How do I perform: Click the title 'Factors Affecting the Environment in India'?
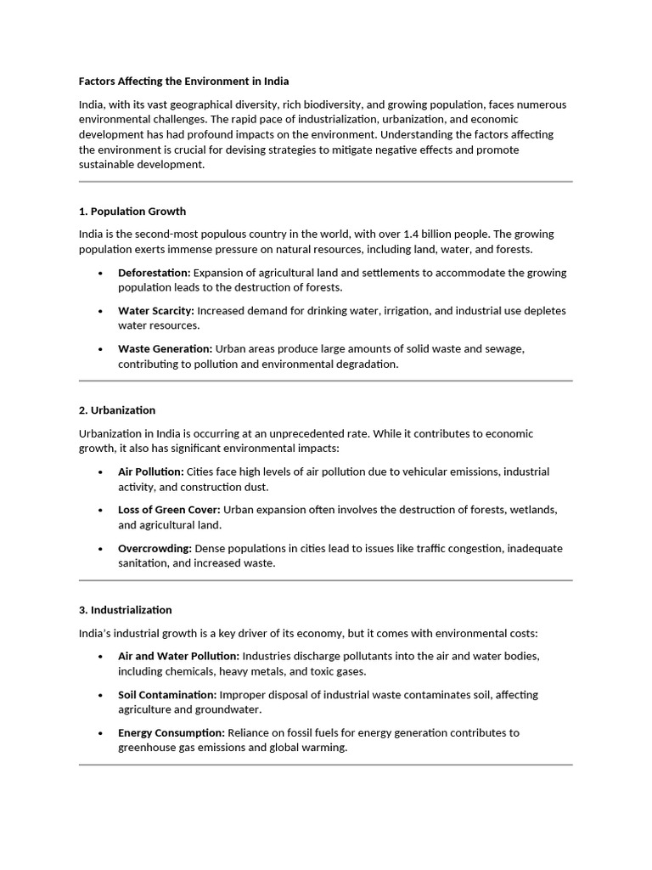click(183, 82)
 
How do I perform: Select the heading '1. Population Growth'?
click(132, 211)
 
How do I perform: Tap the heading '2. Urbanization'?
click(117, 410)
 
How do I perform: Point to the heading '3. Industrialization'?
click(125, 610)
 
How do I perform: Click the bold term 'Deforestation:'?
click(154, 273)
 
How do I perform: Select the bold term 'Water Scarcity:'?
click(156, 311)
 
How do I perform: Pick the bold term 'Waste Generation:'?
click(165, 348)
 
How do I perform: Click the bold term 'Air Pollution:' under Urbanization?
click(150, 472)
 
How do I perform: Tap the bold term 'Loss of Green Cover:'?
click(169, 510)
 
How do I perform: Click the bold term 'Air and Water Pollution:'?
click(179, 656)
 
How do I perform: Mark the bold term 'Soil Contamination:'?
click(167, 694)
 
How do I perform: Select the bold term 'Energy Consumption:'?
click(171, 732)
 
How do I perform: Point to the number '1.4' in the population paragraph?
click(402, 234)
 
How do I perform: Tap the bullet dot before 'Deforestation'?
click(100, 274)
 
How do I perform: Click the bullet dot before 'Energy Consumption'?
click(100, 733)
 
